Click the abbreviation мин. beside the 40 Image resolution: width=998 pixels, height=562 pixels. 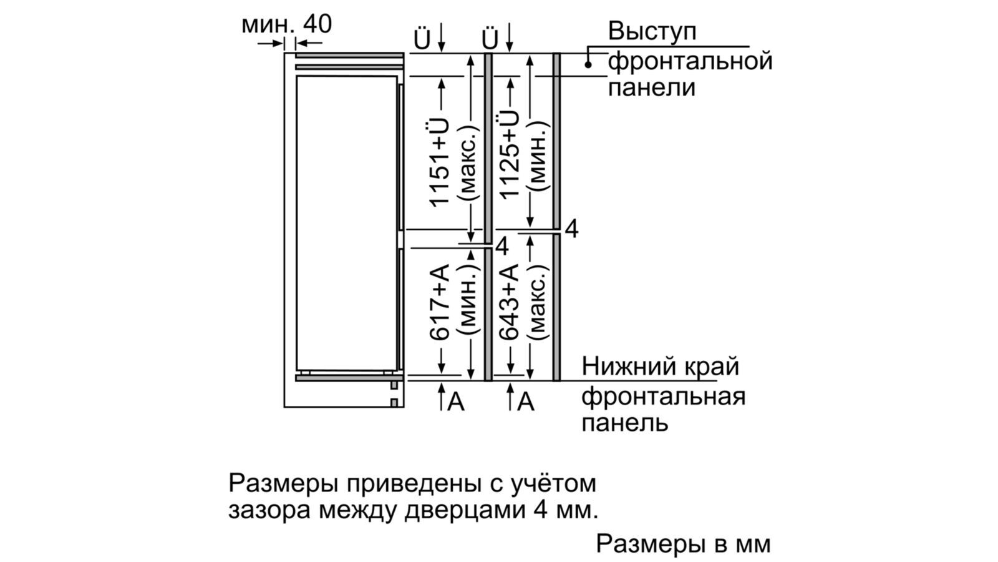click(267, 25)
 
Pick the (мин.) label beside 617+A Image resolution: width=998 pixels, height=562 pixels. click(468, 302)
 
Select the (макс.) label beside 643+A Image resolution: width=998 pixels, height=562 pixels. click(537, 302)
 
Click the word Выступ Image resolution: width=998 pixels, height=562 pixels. click(652, 32)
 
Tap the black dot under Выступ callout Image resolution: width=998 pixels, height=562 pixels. click(588, 64)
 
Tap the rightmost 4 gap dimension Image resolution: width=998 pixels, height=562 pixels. click(571, 229)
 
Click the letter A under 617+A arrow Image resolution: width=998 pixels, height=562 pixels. click(457, 402)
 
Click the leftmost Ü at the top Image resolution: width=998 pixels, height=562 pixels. click(422, 39)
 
